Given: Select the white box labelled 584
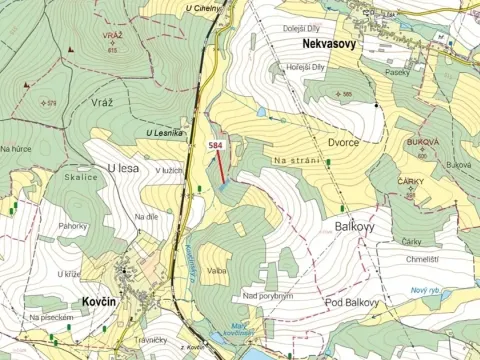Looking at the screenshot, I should [215, 146].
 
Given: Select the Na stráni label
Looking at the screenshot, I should [296, 160].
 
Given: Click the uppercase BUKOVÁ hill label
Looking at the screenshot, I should [422, 144].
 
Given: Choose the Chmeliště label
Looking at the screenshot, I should [422, 258].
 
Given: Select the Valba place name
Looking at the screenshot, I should [217, 270].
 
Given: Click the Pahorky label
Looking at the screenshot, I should [72, 226].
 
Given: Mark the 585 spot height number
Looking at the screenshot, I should [347, 94].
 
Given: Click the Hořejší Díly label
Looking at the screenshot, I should [305, 67].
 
